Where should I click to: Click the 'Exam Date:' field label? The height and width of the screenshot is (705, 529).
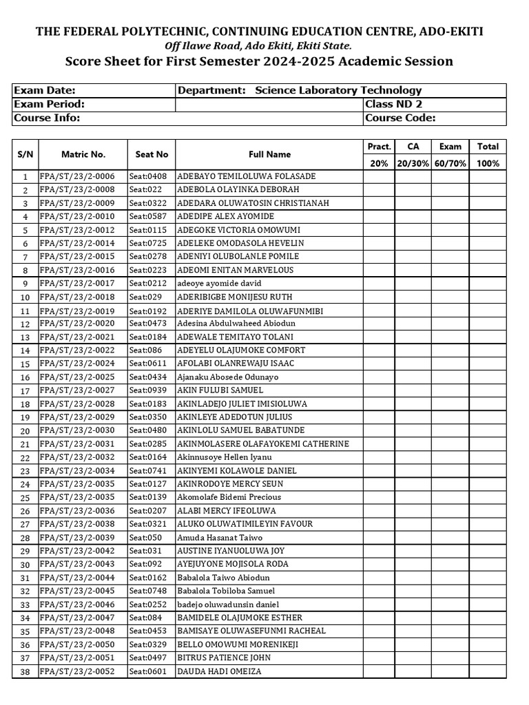point(45,91)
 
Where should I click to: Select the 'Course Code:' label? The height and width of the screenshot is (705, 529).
point(400,118)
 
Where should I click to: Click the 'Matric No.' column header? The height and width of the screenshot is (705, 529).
point(83,155)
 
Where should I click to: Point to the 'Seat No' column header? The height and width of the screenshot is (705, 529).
point(152,155)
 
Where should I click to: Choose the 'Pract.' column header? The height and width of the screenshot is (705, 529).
point(379,146)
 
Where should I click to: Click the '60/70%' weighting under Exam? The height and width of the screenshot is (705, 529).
point(450,164)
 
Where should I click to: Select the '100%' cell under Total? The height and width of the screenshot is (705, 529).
point(488,164)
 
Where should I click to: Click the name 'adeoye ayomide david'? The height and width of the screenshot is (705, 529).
point(220,284)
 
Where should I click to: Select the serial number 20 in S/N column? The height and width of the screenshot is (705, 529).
point(25,431)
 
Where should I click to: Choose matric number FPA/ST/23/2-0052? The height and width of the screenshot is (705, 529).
point(77,671)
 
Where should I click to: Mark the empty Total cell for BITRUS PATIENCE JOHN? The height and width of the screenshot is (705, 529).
point(488,658)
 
